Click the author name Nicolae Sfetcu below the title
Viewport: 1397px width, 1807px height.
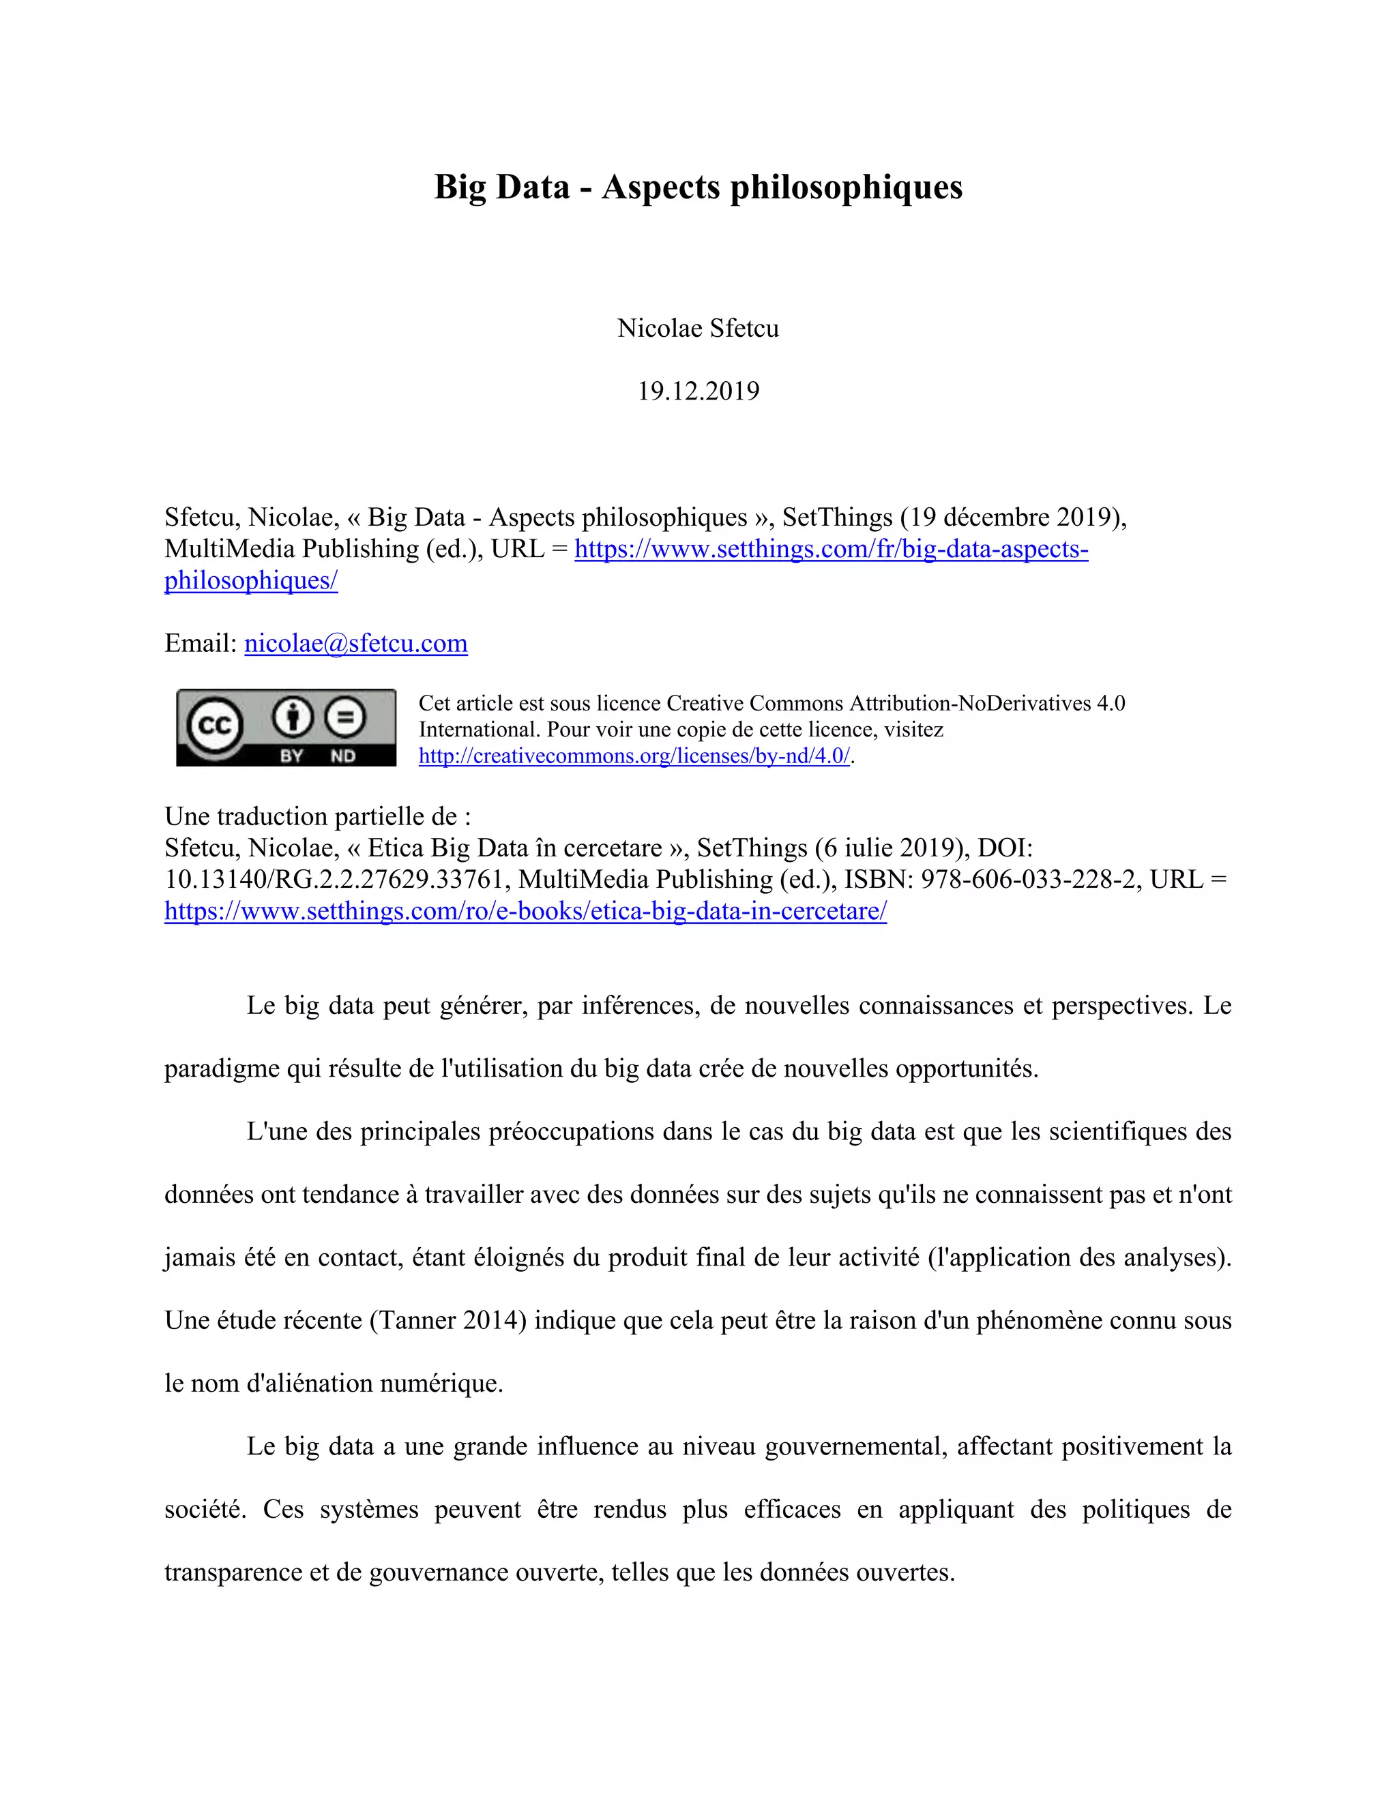pos(698,329)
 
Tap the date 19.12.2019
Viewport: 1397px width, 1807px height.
pos(698,391)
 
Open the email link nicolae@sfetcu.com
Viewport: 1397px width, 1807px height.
pos(356,643)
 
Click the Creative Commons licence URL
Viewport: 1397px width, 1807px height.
pos(634,756)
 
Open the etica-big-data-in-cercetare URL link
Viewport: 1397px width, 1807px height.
pos(525,910)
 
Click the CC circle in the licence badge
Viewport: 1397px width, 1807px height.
pos(215,726)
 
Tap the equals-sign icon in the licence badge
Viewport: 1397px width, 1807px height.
pos(345,717)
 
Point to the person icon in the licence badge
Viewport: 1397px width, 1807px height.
pos(293,717)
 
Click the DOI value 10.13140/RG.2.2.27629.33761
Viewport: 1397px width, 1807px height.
pos(335,879)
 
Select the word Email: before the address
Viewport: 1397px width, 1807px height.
pos(201,643)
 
